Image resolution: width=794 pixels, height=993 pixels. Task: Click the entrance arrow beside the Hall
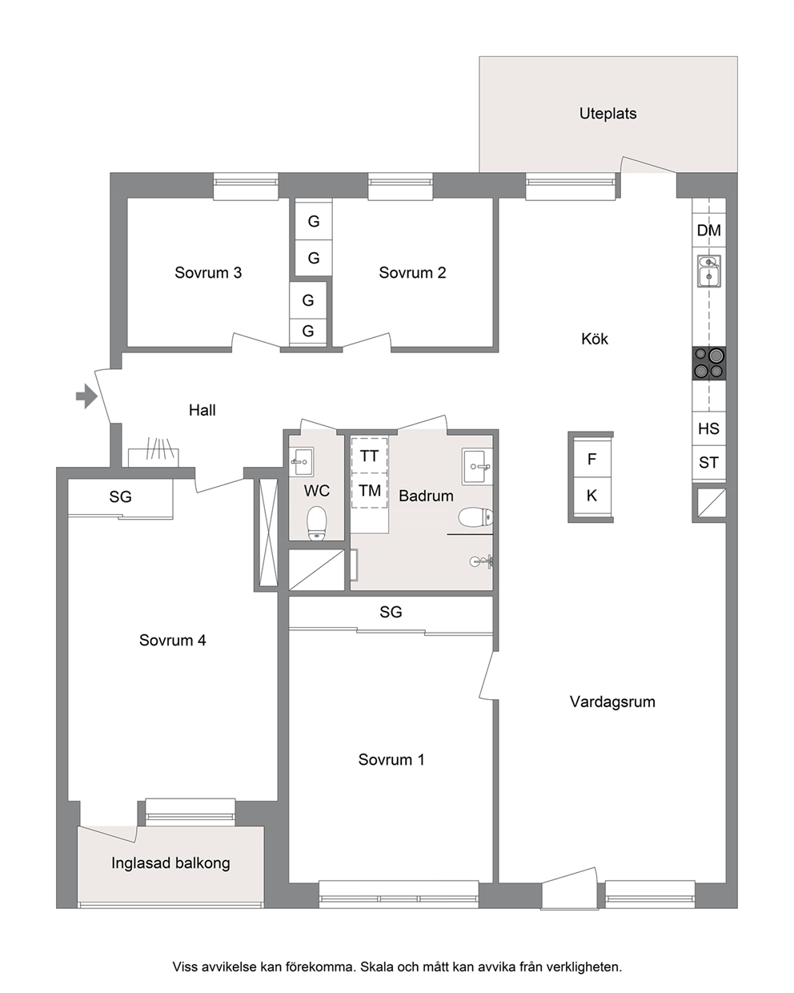pyautogui.click(x=86, y=396)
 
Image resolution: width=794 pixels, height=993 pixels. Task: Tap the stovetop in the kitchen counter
pyautogui.click(x=708, y=364)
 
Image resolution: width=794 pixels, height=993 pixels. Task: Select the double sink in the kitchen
pyautogui.click(x=708, y=271)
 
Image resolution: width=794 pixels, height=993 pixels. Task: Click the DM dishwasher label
pyautogui.click(x=708, y=231)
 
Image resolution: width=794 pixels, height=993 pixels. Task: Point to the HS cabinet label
pyautogui.click(x=708, y=428)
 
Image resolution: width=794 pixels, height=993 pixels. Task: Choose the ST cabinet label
pyautogui.click(x=708, y=462)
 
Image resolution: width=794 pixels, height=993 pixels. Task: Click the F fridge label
pyautogui.click(x=591, y=459)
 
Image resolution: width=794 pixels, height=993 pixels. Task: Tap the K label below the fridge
pyautogui.click(x=591, y=496)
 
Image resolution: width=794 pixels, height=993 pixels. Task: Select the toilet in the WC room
pyautogui.click(x=316, y=523)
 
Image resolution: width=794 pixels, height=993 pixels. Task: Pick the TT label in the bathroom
pyautogui.click(x=369, y=456)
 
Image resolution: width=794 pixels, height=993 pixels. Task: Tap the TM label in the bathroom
pyautogui.click(x=370, y=491)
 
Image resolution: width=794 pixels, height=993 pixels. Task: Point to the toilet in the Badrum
pyautogui.click(x=475, y=517)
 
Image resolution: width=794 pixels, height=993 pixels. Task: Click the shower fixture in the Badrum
pyautogui.click(x=482, y=561)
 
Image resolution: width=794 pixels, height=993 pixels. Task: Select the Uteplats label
pyautogui.click(x=608, y=114)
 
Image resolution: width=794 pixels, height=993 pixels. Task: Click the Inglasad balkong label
pyautogui.click(x=170, y=863)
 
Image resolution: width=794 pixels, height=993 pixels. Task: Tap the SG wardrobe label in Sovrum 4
pyautogui.click(x=120, y=496)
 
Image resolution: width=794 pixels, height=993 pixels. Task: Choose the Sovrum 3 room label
pyautogui.click(x=208, y=273)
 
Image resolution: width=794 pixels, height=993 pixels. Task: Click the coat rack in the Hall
pyautogui.click(x=153, y=452)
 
